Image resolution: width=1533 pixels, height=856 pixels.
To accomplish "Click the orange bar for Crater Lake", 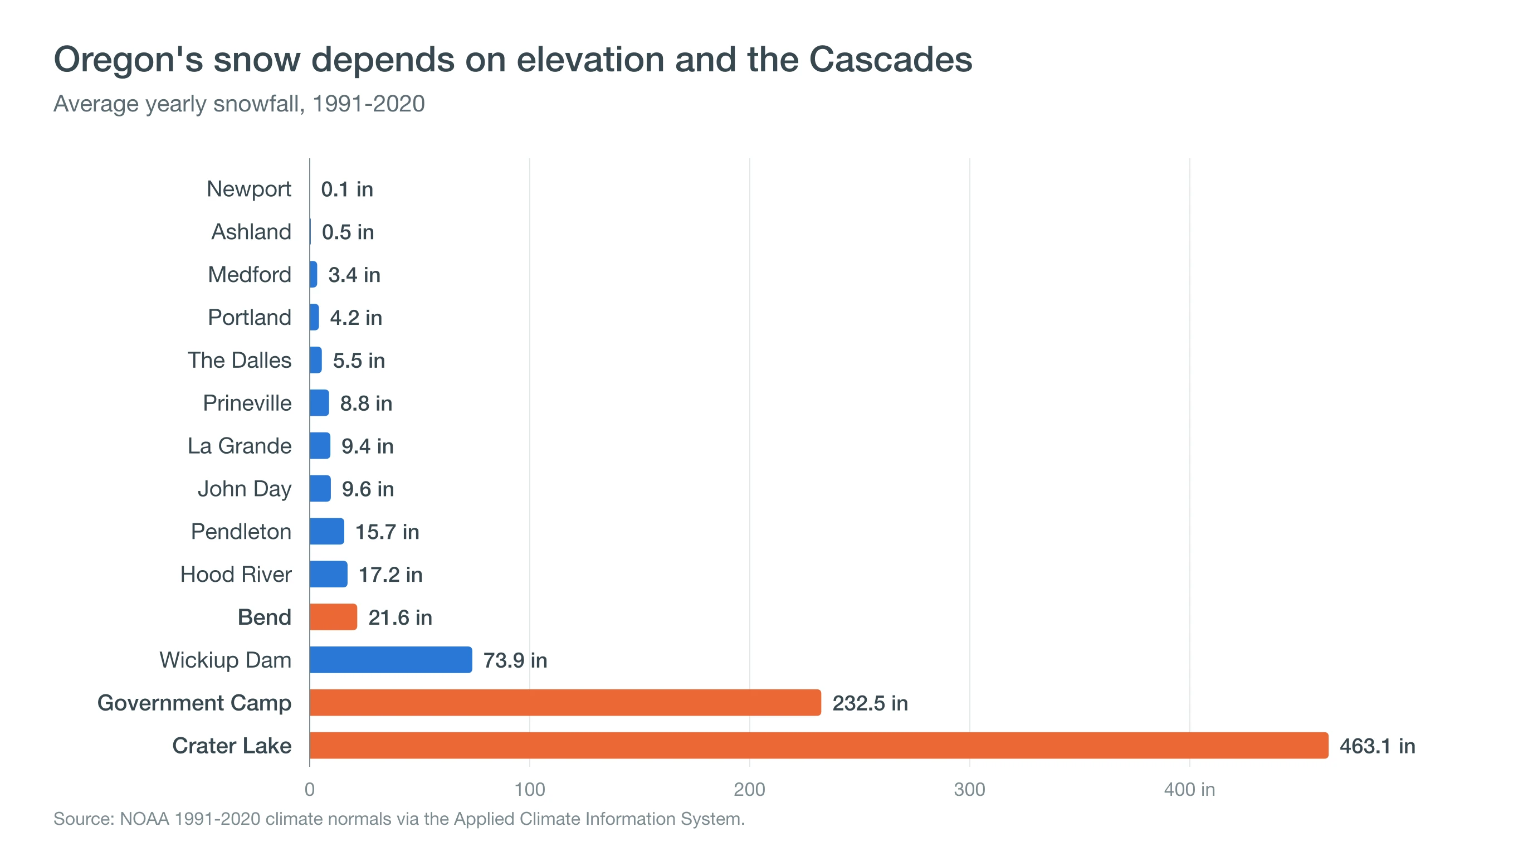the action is [819, 745].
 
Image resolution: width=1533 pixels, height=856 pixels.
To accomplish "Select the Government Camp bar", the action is [565, 702].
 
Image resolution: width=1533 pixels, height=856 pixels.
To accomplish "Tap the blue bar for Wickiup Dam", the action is [391, 660].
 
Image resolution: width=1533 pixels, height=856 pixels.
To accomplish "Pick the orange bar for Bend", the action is [333, 617].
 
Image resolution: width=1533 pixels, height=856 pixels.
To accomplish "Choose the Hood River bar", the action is [329, 574].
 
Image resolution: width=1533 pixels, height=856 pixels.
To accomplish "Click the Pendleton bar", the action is [327, 531].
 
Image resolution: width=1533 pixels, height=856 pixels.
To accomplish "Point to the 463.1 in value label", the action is [1377, 746].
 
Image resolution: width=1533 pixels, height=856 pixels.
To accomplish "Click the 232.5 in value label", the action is [870, 703].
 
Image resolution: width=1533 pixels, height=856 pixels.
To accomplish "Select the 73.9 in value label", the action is [515, 660].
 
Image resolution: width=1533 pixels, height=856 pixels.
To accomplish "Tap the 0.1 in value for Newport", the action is [347, 189].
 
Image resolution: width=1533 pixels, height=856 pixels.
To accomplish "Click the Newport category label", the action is [249, 189].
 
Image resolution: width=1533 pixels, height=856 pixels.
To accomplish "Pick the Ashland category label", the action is [251, 232].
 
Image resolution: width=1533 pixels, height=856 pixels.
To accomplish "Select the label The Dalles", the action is [239, 360].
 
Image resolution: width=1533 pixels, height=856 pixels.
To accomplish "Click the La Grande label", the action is [239, 446].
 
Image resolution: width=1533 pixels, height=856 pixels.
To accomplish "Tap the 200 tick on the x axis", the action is [749, 789].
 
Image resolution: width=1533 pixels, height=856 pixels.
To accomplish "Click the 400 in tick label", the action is [1189, 789].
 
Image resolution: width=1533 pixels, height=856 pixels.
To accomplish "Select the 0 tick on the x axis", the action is [310, 789].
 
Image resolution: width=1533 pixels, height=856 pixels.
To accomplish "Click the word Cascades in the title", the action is [890, 60].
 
